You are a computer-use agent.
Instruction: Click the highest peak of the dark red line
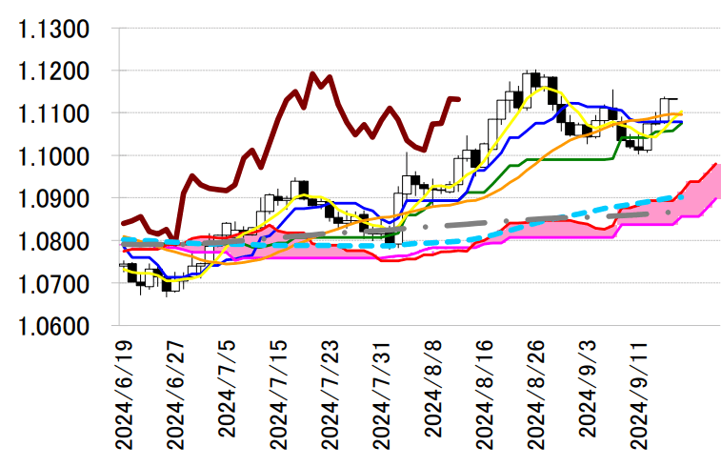(312, 73)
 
